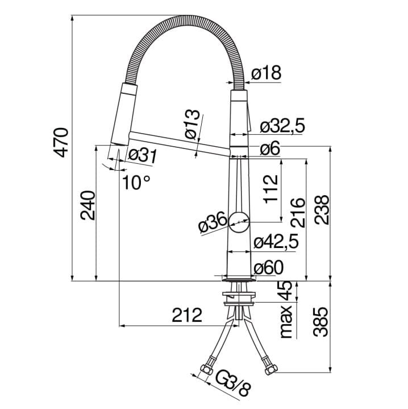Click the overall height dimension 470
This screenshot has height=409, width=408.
[61, 142]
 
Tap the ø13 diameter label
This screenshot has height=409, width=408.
[192, 124]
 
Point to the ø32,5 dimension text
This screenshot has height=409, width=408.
[282, 126]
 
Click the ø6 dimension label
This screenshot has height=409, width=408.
[270, 148]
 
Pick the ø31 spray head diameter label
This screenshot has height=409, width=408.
[142, 156]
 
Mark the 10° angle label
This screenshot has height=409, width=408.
[136, 182]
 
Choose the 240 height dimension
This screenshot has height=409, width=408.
[88, 205]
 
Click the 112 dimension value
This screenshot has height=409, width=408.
[270, 189]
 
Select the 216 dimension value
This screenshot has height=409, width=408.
[298, 213]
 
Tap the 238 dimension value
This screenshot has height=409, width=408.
[322, 209]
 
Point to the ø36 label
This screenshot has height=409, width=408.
[213, 222]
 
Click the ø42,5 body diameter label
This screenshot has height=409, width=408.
[276, 242]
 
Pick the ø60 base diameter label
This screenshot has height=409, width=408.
[268, 267]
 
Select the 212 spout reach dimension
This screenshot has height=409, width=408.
[187, 315]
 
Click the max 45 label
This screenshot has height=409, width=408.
[286, 309]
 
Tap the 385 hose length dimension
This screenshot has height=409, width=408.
[320, 322]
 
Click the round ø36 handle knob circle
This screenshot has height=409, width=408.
[239, 222]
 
